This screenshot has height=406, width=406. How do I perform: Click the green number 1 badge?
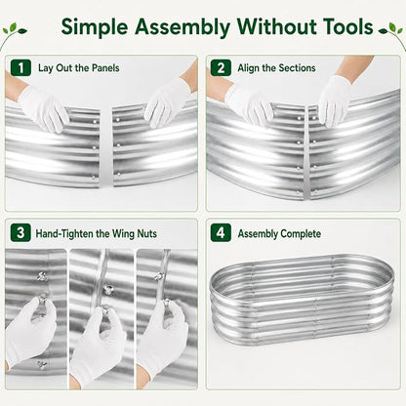coord(20,68)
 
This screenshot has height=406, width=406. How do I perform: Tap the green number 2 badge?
coord(221,68)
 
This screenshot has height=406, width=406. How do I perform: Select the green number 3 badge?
coord(20,232)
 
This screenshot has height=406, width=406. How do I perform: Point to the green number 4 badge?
coord(221,232)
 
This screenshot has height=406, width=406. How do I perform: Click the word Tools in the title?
coord(347,26)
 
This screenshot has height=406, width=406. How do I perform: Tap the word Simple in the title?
coord(95,27)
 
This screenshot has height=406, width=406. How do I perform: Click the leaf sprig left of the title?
coord(13,32)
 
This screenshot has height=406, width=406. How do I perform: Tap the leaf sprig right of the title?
coord(392,32)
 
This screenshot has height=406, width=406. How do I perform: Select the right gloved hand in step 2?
coord(334,98)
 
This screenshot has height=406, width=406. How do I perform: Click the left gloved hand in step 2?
coord(248,103)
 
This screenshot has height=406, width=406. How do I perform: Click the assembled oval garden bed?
coord(302,300)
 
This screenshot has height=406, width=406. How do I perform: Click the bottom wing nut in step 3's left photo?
coord(42,365)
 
